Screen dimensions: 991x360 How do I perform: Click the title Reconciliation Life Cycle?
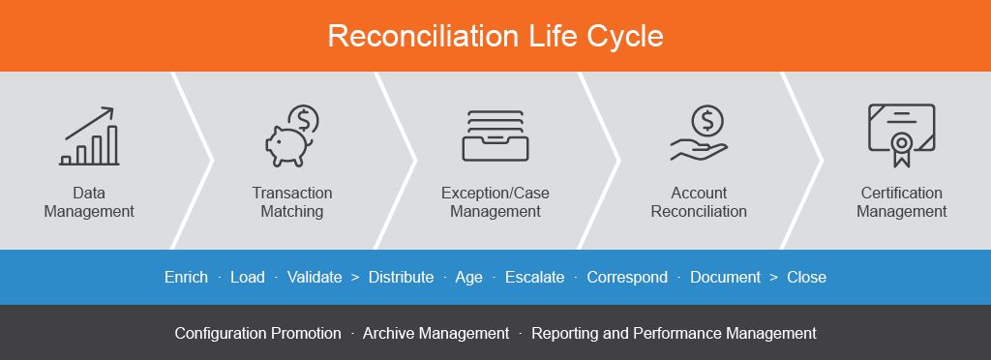click(x=495, y=36)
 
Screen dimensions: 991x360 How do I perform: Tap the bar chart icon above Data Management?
click(x=89, y=136)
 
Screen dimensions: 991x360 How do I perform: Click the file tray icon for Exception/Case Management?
click(x=495, y=135)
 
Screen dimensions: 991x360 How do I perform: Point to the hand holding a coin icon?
click(x=699, y=134)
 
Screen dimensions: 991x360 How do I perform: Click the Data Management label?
click(x=89, y=202)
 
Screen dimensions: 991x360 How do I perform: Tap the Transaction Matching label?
click(x=292, y=202)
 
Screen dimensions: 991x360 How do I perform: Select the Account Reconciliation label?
click(x=699, y=202)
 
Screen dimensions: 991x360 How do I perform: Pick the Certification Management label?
click(x=902, y=202)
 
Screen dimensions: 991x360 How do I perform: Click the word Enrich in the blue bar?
click(x=186, y=278)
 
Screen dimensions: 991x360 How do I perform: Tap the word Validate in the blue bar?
click(x=315, y=278)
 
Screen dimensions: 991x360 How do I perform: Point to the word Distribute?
click(x=402, y=278)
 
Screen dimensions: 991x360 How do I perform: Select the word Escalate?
click(x=534, y=278)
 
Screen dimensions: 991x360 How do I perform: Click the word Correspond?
click(x=627, y=278)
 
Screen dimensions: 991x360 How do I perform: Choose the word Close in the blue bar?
click(x=806, y=278)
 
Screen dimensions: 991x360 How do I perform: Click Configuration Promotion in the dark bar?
click(x=257, y=334)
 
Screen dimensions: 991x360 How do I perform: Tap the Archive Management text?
click(x=435, y=334)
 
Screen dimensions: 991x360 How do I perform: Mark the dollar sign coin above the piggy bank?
click(x=303, y=119)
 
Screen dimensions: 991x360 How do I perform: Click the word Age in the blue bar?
click(x=469, y=278)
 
